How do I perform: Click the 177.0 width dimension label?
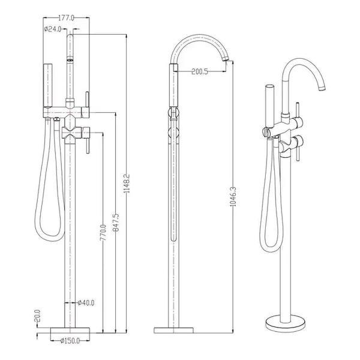pos(67,18)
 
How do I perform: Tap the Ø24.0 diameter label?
pos(53,29)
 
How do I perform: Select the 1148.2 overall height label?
pos(127,183)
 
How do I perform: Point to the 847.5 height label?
pos(116,222)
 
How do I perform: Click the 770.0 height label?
pos(103,232)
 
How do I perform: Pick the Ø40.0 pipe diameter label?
pos(86,302)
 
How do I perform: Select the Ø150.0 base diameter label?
pos(70,341)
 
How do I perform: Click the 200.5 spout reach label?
pos(200,71)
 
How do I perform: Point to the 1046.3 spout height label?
pos(233,196)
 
